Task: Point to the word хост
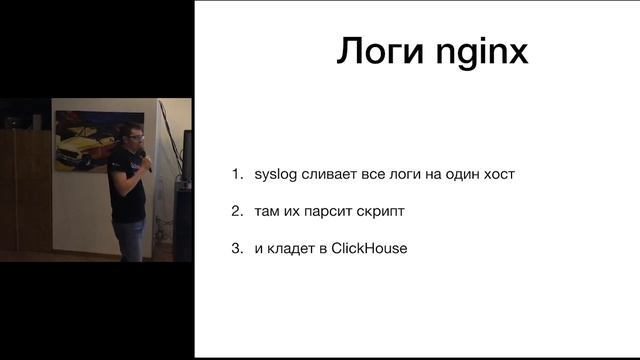[497, 175]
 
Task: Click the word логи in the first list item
[397, 175]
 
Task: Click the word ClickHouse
[369, 248]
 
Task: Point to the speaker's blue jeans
[129, 240]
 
